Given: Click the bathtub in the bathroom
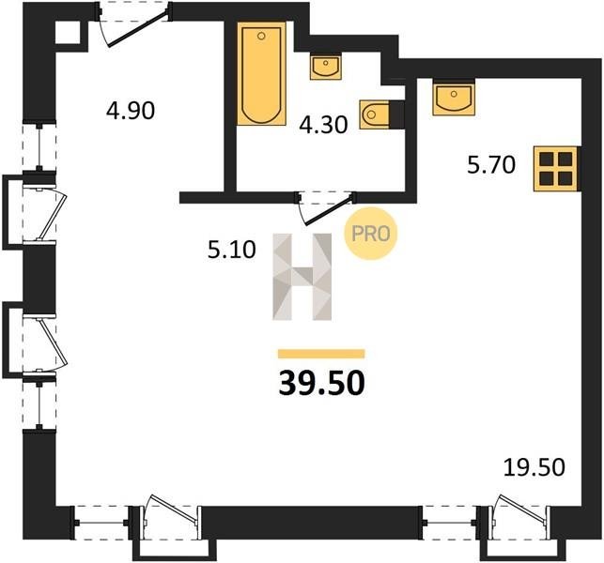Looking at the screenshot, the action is pos(261,73).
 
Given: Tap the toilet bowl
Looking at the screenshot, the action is pos(374,114).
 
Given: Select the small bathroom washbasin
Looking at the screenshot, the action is pos(326,68).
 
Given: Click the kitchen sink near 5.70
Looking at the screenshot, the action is pos(454,99).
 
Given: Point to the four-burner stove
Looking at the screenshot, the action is pos(556,169).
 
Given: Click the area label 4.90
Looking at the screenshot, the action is pos(131,111).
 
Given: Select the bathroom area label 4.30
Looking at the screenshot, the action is pos(323,125).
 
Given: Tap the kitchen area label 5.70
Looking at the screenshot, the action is pos(491,165).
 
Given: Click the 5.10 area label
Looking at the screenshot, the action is pos(231,250).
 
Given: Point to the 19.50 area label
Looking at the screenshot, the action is pos(534,467).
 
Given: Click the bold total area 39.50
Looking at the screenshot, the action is pos(321,384).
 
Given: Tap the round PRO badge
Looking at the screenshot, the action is pos(370,234).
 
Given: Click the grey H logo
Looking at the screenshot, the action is pos(302,277).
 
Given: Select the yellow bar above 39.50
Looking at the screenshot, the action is pos(321,354).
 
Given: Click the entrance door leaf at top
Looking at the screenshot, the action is pos(138,28).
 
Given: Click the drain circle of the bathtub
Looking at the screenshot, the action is pos(261,37).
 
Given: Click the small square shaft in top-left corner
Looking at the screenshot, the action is pos(68,33).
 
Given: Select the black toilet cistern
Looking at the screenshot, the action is pos(396,114).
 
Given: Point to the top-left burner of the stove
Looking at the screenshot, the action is pos(546,159).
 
